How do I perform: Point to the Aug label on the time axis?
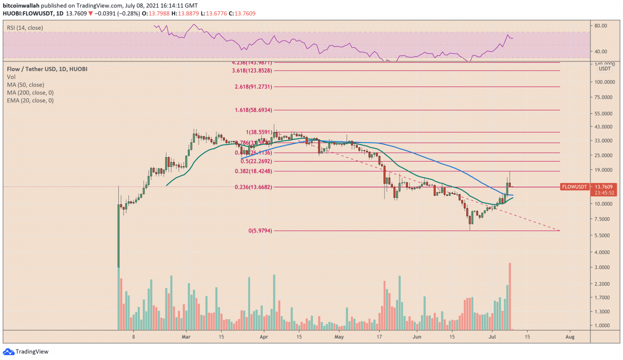coord(570,336)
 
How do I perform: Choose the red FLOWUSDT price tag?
coord(574,187)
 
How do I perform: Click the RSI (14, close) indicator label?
coord(25,28)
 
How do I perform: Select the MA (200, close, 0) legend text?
coord(30,92)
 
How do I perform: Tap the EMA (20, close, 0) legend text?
coord(30,100)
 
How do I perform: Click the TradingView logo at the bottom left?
coord(26,352)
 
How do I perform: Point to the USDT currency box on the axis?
coord(605,69)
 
